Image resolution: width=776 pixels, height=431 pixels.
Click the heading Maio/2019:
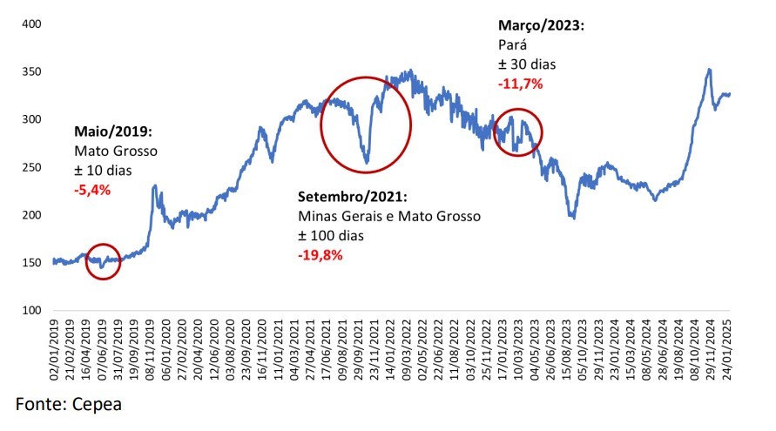[x=114, y=133]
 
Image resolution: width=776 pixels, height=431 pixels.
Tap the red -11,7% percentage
[x=520, y=84]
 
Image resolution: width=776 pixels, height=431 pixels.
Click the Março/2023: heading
[x=540, y=26]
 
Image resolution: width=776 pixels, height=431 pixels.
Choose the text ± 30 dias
[x=527, y=64]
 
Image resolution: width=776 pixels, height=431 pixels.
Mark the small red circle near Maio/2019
[x=103, y=261]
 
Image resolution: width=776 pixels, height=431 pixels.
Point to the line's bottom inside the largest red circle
[x=367, y=163]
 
